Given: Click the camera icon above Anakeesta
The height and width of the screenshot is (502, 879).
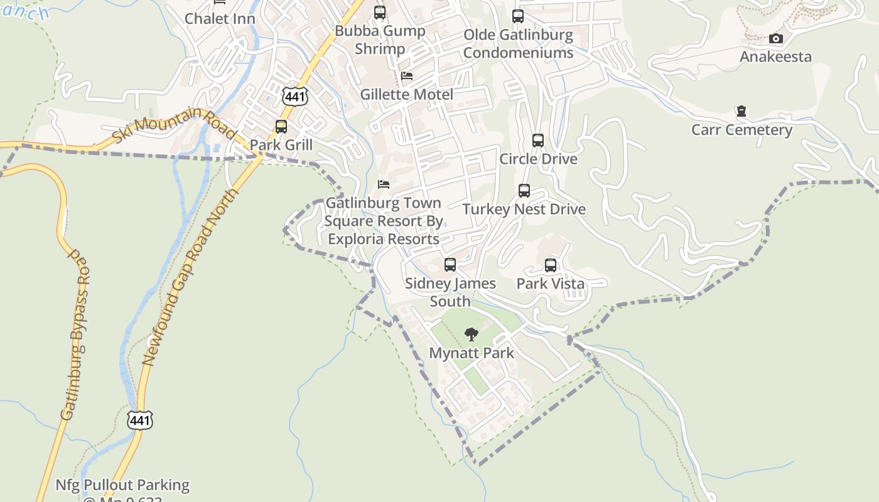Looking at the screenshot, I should pos(776,39).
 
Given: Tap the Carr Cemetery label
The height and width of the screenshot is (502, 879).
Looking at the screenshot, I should pos(741,130).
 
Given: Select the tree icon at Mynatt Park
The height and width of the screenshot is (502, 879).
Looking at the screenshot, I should pos(472,334).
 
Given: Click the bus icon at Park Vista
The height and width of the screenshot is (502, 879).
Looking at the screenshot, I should pos(551,265).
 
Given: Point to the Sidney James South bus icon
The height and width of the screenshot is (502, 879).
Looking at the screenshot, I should pos(450,265).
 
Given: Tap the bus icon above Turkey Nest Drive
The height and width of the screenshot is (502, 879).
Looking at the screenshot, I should pos(524,191).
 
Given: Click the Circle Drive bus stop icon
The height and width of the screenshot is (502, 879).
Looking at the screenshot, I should pos(538,141).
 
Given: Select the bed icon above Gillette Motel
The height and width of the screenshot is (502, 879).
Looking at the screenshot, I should pos(407,76).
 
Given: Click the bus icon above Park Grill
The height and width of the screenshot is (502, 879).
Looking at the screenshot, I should pos(281,127).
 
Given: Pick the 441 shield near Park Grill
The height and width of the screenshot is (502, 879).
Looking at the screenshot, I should pos(294,96).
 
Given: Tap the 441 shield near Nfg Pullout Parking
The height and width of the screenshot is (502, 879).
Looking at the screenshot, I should pos(139,420).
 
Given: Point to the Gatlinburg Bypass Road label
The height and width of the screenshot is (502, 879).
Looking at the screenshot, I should pos(75,336).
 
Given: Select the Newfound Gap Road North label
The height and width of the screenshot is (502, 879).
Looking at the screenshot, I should pos(191,277).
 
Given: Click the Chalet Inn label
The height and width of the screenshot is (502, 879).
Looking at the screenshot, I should pos(220,19).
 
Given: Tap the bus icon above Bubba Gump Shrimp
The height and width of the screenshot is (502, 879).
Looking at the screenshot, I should pos(380,13).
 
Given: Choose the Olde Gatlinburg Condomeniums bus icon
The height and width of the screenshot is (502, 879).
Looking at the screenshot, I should pos(518,16).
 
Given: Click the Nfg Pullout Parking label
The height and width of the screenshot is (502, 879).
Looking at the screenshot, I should pos(122,485).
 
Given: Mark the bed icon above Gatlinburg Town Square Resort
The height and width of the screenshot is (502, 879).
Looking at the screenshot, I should pos(384,184).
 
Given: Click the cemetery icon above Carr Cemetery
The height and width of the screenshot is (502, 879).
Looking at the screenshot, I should pos(741,112).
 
